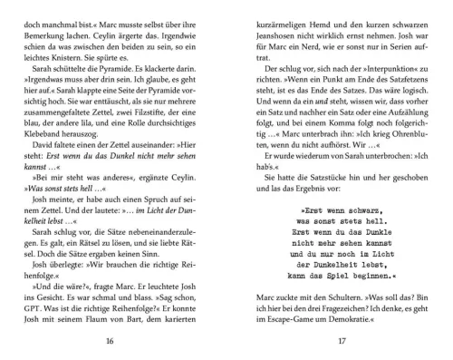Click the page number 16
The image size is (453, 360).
pos(111,341)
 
